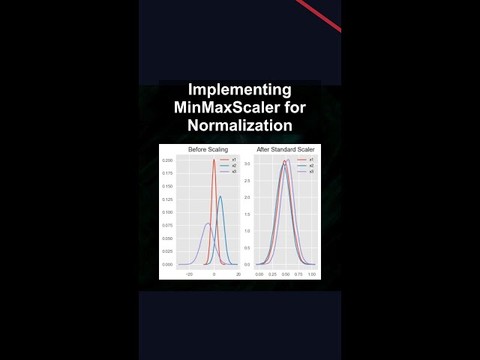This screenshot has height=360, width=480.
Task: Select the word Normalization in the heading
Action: [239, 124]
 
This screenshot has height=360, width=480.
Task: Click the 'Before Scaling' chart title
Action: [208, 150]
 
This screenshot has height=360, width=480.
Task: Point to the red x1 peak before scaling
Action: [214, 160]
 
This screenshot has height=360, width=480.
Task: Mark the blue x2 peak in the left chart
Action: [220, 196]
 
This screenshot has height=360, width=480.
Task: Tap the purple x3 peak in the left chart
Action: [208, 223]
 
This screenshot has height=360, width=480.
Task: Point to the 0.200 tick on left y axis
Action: [168, 160]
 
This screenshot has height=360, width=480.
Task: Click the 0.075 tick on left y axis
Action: [168, 225]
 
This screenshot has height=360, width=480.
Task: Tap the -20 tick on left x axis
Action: [189, 274]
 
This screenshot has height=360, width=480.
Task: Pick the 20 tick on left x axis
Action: [238, 274]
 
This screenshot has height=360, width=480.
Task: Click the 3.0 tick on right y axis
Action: [247, 163]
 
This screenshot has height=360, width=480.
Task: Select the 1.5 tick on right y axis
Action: [247, 214]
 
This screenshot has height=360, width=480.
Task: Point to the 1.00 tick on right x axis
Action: [311, 274]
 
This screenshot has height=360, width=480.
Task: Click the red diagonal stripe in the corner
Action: [319, 16]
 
